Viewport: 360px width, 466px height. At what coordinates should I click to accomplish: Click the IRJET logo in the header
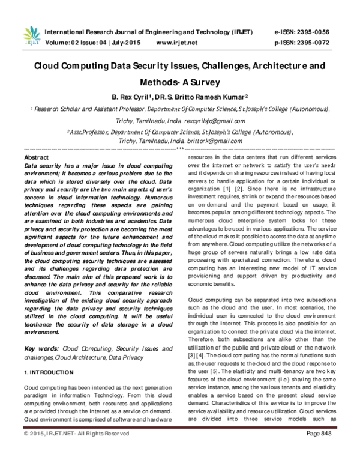click(30, 36)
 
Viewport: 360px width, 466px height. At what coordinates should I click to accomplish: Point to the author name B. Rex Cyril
click(133, 97)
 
